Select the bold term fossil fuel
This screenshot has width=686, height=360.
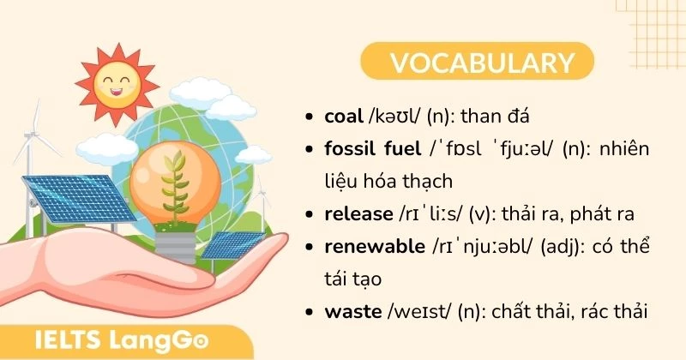373,149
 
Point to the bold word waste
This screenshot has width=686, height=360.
352,311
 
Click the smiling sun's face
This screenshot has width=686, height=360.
117,83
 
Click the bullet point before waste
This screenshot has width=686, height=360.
310,312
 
